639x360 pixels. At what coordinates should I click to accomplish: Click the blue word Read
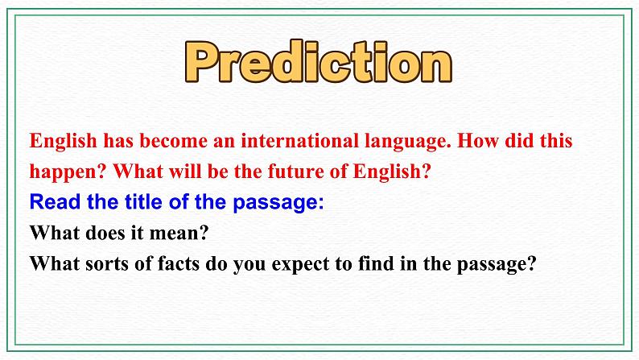53,202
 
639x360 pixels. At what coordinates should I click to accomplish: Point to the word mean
182,233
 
